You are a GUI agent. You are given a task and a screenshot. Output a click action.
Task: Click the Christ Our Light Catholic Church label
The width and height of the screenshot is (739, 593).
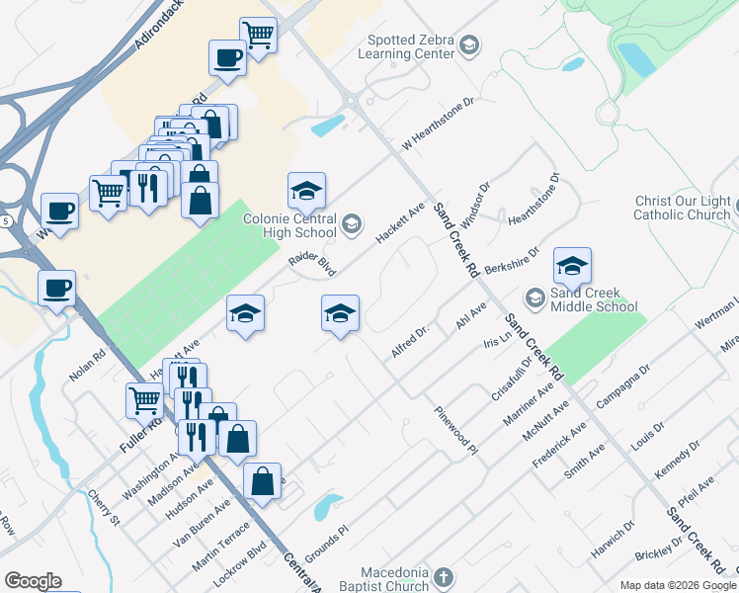point(683,208)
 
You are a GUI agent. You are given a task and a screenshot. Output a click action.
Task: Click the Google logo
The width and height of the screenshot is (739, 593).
point(33,581)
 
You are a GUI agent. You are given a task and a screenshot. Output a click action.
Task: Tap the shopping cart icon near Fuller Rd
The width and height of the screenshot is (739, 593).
point(144,400)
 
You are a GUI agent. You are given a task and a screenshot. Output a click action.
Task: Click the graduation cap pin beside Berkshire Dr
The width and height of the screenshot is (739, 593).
point(572,265)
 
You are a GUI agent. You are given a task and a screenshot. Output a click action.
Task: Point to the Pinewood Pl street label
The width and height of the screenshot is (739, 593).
point(456,430)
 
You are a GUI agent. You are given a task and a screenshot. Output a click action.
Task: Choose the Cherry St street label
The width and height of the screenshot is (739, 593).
point(104,506)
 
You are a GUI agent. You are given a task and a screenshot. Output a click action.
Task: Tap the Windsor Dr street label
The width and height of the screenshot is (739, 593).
point(474,204)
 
